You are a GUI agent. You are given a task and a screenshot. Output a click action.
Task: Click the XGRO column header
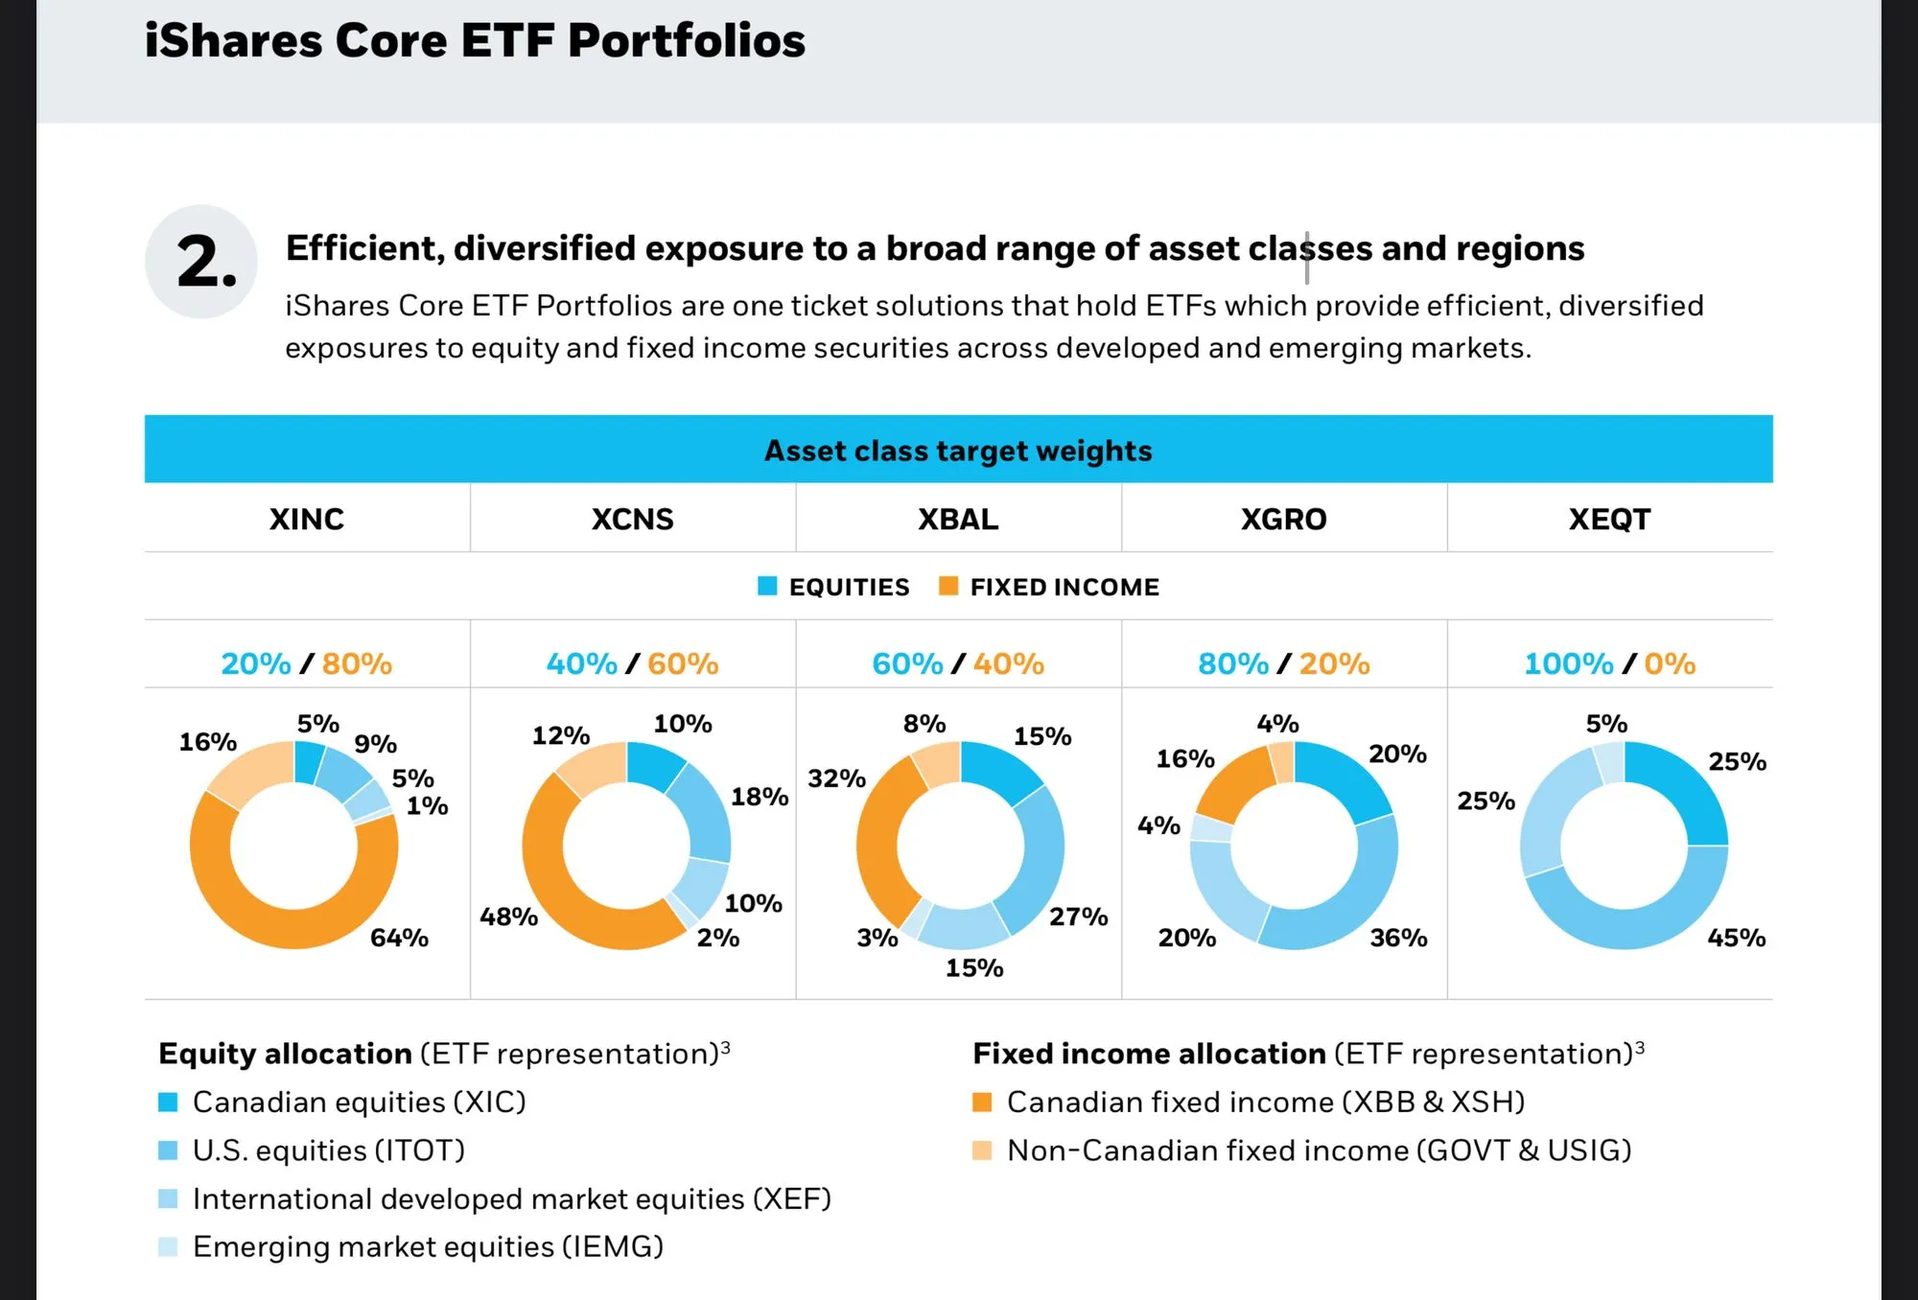[1283, 520]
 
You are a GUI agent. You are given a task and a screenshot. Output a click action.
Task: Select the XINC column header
[307, 520]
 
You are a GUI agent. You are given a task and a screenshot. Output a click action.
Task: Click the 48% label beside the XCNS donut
[508, 917]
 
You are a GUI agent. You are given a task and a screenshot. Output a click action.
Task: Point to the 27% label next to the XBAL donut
[1078, 917]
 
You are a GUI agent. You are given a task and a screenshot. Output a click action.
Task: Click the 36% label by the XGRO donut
[1398, 938]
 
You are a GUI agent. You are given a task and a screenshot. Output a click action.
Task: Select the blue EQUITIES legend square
[767, 586]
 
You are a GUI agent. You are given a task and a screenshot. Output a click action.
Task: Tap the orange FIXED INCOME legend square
[948, 586]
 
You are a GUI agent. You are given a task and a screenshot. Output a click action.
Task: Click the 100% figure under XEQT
[1569, 663]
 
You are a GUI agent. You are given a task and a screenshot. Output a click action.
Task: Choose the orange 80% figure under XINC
[357, 663]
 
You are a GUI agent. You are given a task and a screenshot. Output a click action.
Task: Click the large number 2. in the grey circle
[206, 263]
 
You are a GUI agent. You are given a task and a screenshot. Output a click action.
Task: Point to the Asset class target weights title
[958, 451]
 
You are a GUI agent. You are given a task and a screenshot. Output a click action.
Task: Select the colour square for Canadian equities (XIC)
[168, 1103]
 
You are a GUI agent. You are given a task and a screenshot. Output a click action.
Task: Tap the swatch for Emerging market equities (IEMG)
[168, 1247]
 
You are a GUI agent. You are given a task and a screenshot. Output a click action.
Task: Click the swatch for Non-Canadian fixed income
[982, 1150]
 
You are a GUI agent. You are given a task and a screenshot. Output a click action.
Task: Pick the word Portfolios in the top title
[687, 40]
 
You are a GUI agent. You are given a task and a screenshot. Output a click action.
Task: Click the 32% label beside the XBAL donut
[836, 778]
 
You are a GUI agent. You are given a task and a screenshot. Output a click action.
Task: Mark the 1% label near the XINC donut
[427, 806]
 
